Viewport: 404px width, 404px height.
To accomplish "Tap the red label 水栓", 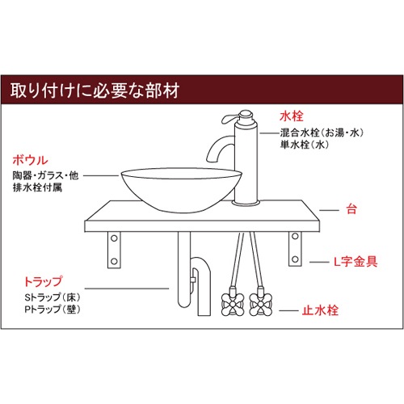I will [291, 116].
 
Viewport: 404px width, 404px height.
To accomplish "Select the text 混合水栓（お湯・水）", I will [326, 132].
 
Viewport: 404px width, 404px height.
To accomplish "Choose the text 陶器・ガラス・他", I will [47, 175].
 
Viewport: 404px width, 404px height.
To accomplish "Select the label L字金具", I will [356, 262].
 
